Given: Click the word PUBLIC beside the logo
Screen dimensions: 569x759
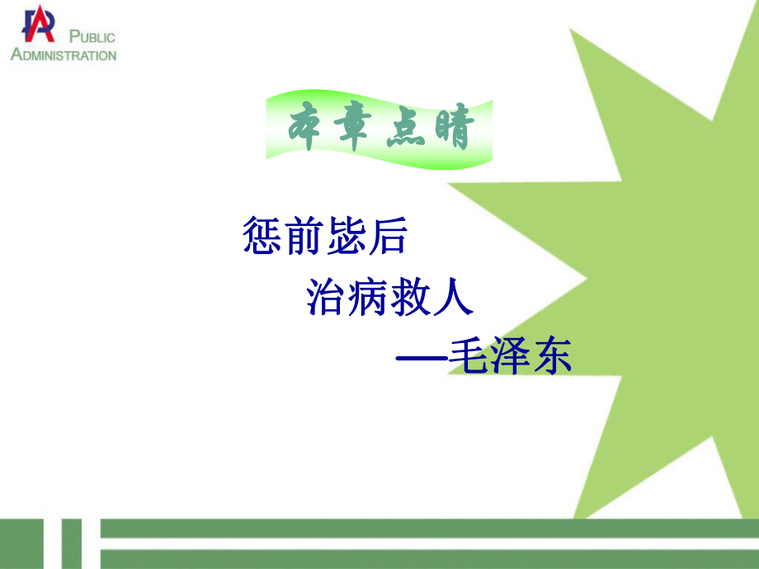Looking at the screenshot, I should [x=92, y=37].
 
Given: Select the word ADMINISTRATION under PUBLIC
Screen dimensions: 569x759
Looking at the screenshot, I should [x=64, y=55].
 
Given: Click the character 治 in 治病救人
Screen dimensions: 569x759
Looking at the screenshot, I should [x=327, y=298].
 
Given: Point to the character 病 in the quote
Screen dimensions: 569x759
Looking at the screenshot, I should [x=369, y=298].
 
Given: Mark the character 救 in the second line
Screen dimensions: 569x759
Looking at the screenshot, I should [x=411, y=298].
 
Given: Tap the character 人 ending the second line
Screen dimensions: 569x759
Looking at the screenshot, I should [x=453, y=298].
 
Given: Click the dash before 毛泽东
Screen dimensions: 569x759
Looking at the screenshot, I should [x=421, y=359].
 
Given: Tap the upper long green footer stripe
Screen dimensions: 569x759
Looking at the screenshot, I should [x=429, y=529].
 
